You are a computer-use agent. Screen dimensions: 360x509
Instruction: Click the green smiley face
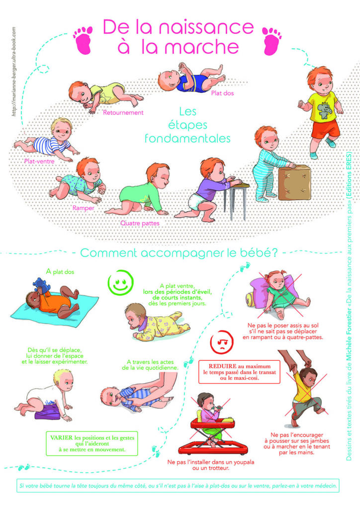coord(120,282)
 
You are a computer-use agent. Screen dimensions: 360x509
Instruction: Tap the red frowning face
coord(222,342)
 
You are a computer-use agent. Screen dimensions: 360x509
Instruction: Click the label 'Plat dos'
coord(222,93)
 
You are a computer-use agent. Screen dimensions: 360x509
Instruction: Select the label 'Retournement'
coord(123,113)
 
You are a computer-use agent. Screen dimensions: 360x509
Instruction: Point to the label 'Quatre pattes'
coord(140,223)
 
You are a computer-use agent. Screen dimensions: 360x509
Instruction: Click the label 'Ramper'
coord(84,208)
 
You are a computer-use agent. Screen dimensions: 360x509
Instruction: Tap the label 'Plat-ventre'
coord(39,162)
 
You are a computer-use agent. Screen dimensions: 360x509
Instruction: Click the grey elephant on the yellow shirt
coord(324,111)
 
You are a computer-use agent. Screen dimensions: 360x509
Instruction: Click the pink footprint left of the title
coord(83,40)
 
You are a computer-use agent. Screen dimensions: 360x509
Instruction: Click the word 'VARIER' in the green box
coord(61,437)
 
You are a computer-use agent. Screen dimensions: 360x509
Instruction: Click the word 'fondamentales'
coord(187,138)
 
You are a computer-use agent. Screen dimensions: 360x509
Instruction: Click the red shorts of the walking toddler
coord(325,129)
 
